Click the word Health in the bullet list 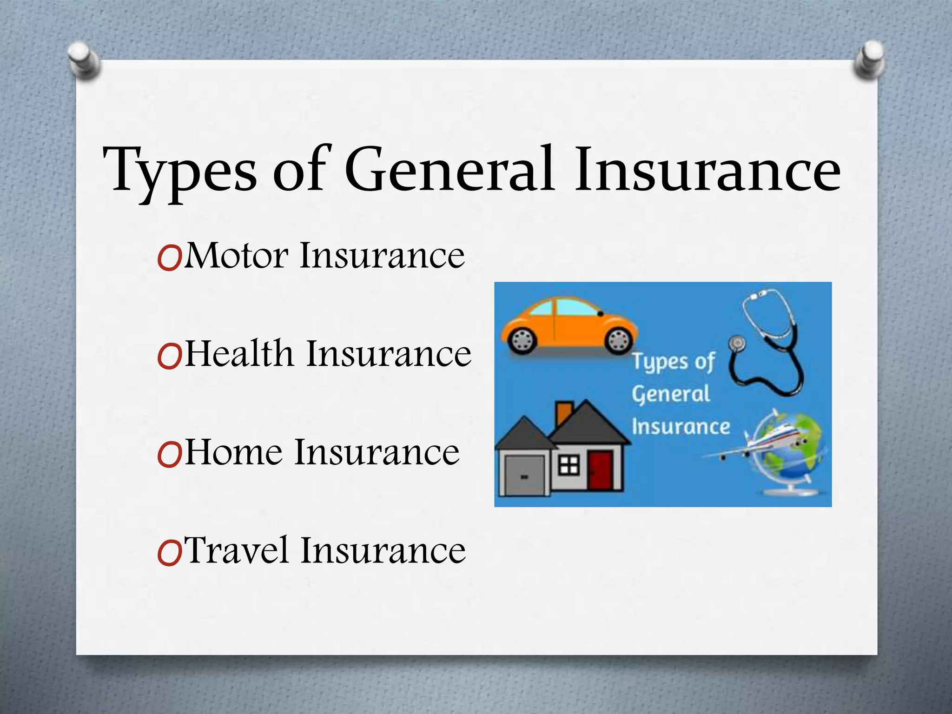[239, 354]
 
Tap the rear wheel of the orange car [521, 341]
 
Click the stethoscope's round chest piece [736, 344]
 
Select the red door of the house [600, 470]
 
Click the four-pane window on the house [569, 464]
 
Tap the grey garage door [524, 475]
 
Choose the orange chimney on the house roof [564, 412]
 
